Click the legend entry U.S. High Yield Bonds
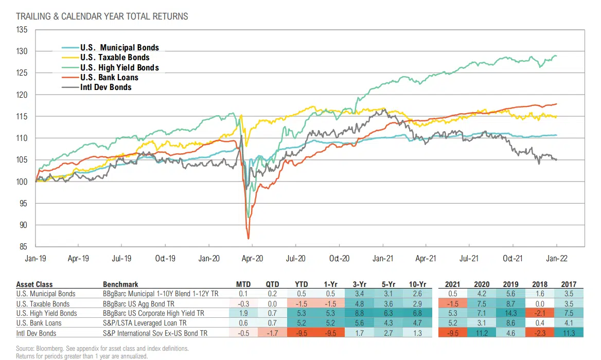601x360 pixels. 119,67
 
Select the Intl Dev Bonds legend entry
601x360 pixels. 105,87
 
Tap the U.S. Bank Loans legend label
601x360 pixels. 109,77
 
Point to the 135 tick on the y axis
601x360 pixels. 22,30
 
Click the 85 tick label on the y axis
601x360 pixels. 23,247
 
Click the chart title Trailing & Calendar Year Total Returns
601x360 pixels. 102,16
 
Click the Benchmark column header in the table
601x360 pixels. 120,284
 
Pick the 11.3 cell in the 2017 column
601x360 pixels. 569,333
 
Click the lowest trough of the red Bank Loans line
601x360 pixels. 249,239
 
